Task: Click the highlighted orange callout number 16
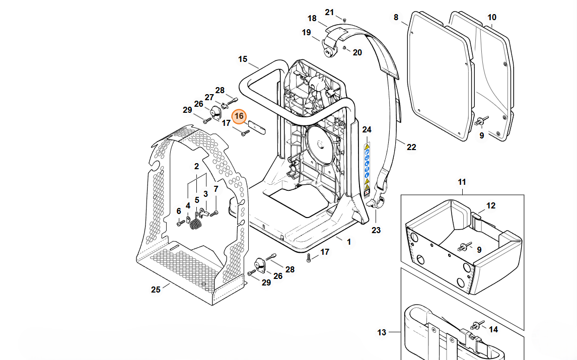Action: (x=239, y=117)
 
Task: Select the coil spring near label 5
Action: (x=197, y=223)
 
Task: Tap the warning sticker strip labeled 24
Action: (x=367, y=169)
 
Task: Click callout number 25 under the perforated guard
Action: (x=156, y=290)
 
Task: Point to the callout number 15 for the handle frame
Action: (x=243, y=59)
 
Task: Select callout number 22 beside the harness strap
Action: (x=411, y=147)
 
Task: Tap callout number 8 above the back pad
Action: (x=396, y=18)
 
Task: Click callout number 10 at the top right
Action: (x=492, y=18)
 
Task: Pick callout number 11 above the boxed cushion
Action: (x=462, y=181)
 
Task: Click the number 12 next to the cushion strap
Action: (x=491, y=205)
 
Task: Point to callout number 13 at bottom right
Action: (x=382, y=332)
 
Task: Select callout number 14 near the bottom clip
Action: (x=493, y=329)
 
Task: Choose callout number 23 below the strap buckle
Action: (x=376, y=230)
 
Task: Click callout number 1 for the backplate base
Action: (x=348, y=242)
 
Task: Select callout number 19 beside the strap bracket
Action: (x=307, y=33)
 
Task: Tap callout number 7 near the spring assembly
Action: (x=216, y=189)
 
